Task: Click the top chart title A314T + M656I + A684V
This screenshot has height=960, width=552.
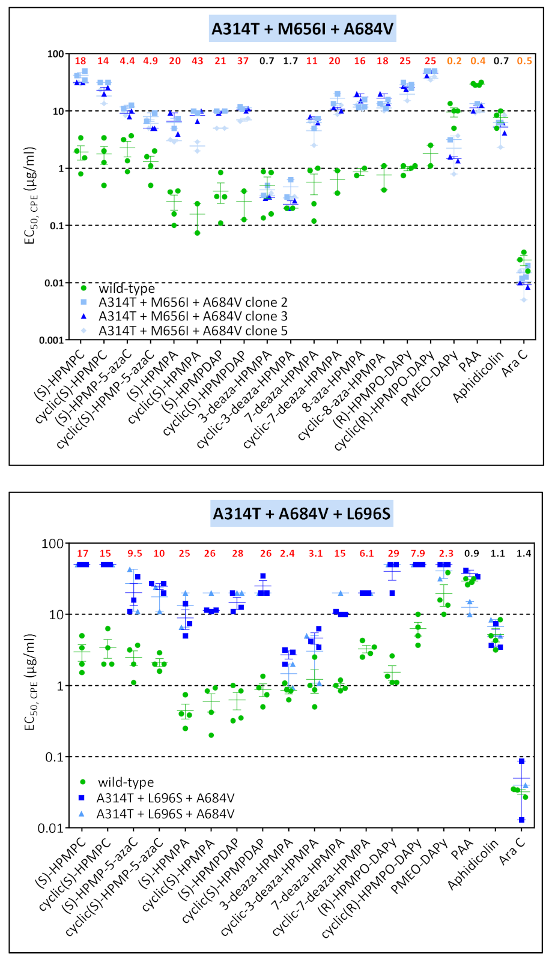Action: coord(302,28)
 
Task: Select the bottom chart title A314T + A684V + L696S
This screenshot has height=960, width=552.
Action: coord(302,514)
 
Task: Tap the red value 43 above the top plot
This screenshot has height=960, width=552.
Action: coord(198,61)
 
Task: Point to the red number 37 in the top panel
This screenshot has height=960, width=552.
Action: coord(243,61)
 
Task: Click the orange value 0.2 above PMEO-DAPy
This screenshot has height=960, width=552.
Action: coord(454,61)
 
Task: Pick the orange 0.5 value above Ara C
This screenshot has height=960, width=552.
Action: coord(524,61)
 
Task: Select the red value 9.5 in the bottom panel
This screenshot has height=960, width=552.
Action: coord(135,553)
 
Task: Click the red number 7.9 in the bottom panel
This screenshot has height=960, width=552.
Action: coord(417,553)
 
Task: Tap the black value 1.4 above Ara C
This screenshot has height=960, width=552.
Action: coord(524,553)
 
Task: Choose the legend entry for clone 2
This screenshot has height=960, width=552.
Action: coord(193,302)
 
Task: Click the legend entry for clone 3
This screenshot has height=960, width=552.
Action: coord(193,316)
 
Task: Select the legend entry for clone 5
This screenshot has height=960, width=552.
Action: coord(193,331)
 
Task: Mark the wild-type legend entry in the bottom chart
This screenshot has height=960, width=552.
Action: coord(126,782)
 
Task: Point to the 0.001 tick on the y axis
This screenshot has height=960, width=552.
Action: coord(51,340)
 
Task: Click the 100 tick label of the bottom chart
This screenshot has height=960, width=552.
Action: coord(52,544)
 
